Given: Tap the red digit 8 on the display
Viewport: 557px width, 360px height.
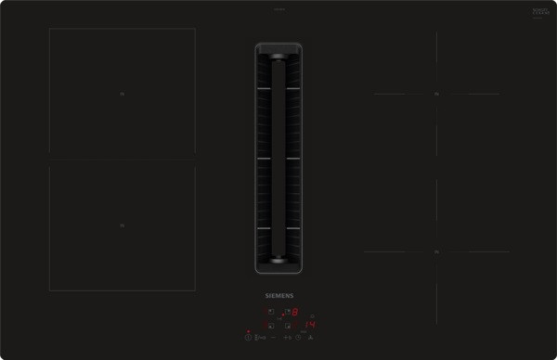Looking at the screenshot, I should pyautogui.click(x=294, y=313).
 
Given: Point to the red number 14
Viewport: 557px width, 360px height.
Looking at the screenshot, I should pyautogui.click(x=311, y=325).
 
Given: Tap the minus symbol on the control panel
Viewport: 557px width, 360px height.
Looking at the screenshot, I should pyautogui.click(x=274, y=338).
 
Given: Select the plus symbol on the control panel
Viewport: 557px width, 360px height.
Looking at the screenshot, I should pyautogui.click(x=285, y=338).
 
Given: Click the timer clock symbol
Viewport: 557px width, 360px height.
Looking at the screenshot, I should pyautogui.click(x=298, y=338).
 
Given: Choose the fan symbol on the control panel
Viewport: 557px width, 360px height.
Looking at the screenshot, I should pyautogui.click(x=310, y=338).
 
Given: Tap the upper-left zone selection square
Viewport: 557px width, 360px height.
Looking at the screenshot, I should pyautogui.click(x=271, y=312).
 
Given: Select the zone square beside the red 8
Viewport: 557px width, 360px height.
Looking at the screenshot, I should pyautogui.click(x=287, y=312).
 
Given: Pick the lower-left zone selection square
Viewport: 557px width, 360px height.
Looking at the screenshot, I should pyautogui.click(x=271, y=326).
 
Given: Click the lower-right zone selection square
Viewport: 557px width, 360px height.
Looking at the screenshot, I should pyautogui.click(x=287, y=326).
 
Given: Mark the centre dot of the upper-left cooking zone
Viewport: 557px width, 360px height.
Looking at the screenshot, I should pyautogui.click(x=122, y=94).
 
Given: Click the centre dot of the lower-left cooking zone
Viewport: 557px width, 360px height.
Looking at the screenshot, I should pyautogui.click(x=122, y=225).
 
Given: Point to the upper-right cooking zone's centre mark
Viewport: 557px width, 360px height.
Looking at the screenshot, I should pyautogui.click(x=435, y=94).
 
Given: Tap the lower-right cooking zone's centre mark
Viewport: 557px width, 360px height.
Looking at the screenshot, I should pyautogui.click(x=435, y=251).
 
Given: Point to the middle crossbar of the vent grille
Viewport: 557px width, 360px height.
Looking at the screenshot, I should pyautogui.click(x=278, y=159).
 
